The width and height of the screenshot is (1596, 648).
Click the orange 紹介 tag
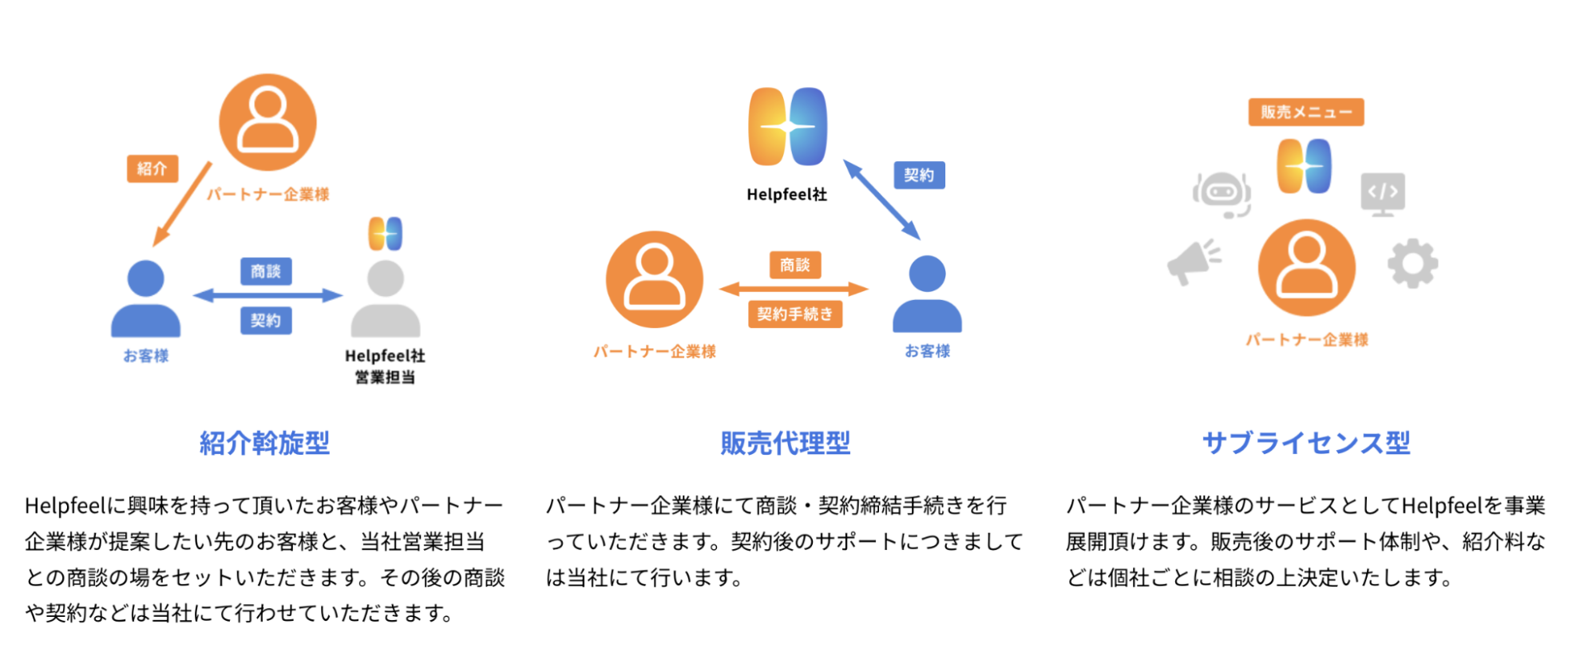coord(152,168)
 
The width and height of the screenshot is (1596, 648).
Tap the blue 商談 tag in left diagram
coord(266,271)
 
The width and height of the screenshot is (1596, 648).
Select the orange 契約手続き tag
coord(794,314)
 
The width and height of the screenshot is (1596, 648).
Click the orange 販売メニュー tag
coord(1305,112)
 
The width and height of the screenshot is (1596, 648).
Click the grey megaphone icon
coord(1194,261)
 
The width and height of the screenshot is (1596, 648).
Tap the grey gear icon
coord(1412,263)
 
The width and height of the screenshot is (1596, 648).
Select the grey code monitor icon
coord(1383,193)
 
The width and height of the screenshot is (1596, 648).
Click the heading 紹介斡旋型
coord(264,443)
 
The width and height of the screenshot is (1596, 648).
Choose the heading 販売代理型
coord(786,443)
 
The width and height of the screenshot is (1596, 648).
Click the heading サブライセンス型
coord(1306,443)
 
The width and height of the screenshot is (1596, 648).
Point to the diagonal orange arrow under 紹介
coord(183,203)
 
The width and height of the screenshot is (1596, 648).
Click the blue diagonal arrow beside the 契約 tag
coord(881,199)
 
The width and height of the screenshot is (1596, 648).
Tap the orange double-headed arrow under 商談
coord(794,289)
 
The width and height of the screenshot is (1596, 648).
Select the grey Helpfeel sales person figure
coord(386,299)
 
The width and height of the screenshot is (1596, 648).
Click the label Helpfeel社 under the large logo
coord(786,194)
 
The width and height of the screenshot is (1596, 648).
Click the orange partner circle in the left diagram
coord(268,122)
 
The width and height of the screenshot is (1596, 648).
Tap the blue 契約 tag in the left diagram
coord(266,320)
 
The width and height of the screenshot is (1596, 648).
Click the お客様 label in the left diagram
coord(145,355)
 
